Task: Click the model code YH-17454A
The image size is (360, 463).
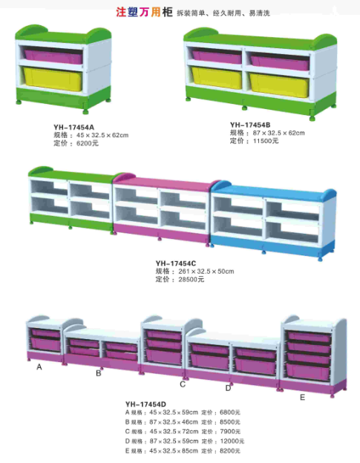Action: (73, 128)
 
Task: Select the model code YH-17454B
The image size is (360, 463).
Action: (250, 125)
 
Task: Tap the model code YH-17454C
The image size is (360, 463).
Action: (176, 263)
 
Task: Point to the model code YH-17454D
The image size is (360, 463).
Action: (145, 404)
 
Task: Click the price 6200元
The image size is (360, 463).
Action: (88, 143)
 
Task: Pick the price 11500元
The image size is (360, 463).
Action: (266, 141)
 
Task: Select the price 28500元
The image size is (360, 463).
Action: (192, 279)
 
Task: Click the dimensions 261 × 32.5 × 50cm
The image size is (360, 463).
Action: (206, 272)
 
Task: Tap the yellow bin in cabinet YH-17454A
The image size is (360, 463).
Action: (53, 79)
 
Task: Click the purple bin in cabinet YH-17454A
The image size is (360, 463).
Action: (53, 56)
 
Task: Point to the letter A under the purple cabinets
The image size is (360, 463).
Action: (39, 367)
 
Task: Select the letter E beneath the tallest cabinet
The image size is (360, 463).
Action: (302, 398)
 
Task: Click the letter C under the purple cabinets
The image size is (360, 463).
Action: (183, 384)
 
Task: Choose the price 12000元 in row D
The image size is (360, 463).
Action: (232, 441)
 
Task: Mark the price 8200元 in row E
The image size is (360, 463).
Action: (230, 451)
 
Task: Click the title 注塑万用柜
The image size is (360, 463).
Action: (144, 12)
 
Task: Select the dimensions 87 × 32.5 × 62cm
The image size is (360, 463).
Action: (278, 133)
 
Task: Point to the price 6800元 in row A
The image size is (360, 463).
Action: (230, 413)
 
